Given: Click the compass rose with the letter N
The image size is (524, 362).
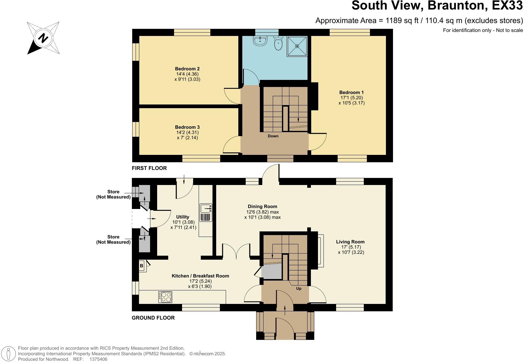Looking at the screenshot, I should click(43, 38).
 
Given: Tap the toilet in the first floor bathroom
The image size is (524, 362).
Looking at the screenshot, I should click(278, 43).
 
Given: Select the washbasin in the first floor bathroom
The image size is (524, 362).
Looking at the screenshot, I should click(260, 41).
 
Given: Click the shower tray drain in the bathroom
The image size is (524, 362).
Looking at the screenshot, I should click(297, 46).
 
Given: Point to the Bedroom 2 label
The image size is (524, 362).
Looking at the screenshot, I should click(187, 69).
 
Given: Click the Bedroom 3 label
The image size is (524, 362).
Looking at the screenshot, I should click(187, 127).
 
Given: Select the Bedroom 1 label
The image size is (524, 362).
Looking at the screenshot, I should click(351, 92).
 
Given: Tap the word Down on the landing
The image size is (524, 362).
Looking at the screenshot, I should click(273, 136).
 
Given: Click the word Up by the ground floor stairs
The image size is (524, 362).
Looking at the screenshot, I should click(299, 289).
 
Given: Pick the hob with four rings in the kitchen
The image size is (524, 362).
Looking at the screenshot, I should click(166, 297).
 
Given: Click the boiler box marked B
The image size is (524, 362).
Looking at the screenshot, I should click(142, 266).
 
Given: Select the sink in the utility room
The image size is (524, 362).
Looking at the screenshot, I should click(205, 209).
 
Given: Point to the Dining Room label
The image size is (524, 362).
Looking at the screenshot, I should click(262, 207).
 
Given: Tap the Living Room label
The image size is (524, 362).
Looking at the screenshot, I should click(350, 242).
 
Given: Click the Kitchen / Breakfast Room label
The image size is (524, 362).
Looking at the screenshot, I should click(200, 276).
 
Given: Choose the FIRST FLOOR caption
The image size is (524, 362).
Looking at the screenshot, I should click(149, 168).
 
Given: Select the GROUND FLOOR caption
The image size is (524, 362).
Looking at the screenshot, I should click(153, 318).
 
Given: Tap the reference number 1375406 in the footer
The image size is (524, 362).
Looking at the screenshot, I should click(98, 359).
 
